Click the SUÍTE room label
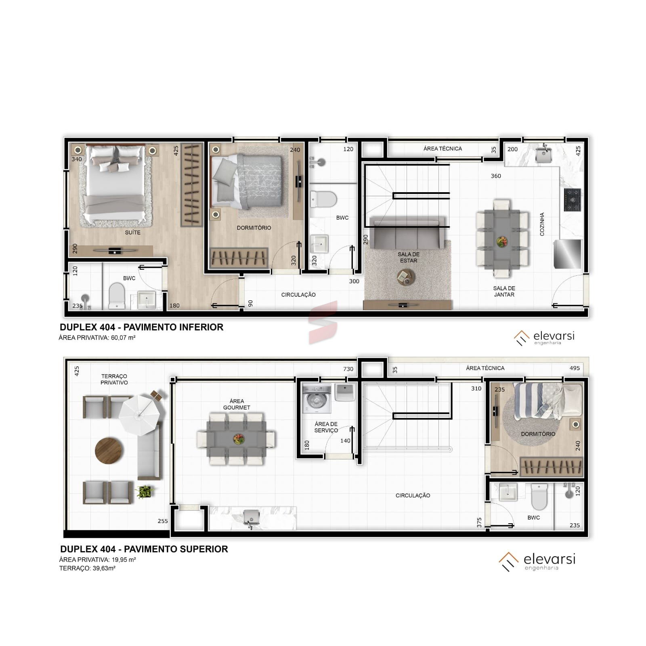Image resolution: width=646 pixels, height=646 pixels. click(132, 233)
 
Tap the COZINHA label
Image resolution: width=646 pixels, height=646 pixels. click(542, 224)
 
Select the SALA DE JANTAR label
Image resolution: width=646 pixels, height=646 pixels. click(504, 292)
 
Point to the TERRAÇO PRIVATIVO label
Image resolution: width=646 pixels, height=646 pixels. click(114, 380)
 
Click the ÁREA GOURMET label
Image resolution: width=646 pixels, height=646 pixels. click(237, 404)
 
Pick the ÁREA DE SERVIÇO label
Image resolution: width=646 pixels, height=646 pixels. click(326, 427)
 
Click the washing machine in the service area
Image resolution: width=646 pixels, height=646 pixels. click(317, 399)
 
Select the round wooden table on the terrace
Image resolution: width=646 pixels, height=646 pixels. click(109, 451)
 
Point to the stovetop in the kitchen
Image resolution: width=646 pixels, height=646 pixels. click(573, 199)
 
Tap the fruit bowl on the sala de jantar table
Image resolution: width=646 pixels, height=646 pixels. click(502, 241)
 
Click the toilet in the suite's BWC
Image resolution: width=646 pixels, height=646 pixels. click(117, 296)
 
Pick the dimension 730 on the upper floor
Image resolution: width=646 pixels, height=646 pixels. click(348, 369)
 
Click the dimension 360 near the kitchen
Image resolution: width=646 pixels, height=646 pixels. click(496, 176)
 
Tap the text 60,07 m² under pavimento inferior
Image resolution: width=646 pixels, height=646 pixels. click(123, 338)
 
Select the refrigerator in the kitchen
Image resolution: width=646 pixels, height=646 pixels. click(568, 254)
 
